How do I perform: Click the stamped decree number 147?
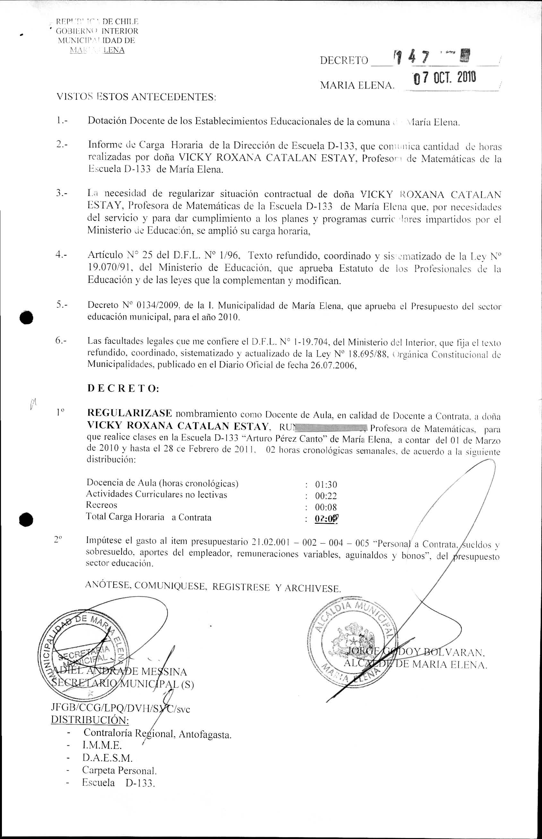pos(411,56)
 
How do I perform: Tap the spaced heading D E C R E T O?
pos(123,388)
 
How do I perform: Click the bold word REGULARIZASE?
pos(130,413)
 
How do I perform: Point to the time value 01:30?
pos(326,485)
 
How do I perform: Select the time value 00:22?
pos(326,496)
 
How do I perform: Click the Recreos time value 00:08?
pos(326,507)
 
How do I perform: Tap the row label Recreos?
pos(102,505)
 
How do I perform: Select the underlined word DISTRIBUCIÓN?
pos(90,719)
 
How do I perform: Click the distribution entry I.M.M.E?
pos(102,745)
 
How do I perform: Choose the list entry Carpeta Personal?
pos(119,770)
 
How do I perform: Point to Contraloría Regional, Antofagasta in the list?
pos(157,733)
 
